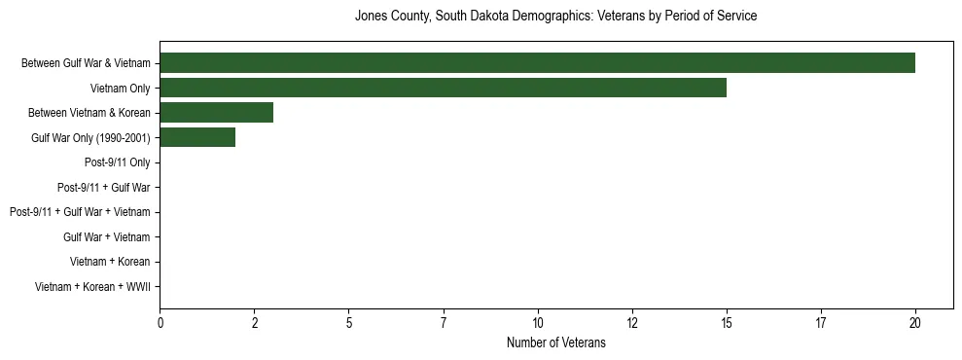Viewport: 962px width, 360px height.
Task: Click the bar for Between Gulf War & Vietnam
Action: click(537, 63)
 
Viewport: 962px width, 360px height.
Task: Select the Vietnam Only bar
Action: click(443, 88)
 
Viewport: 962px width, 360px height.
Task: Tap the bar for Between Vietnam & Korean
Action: click(216, 113)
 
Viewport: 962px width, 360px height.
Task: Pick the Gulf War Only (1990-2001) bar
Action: click(197, 137)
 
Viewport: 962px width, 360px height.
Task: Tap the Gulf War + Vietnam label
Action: click(106, 236)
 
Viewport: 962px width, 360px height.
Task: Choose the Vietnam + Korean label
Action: click(110, 262)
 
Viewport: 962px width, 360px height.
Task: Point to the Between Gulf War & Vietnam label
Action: click(86, 63)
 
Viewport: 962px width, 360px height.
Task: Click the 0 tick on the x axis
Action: click(160, 323)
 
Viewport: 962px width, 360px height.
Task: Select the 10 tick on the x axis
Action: click(538, 323)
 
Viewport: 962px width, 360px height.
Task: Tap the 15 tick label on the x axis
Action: click(727, 323)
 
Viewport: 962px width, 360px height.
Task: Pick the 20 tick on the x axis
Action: click(915, 323)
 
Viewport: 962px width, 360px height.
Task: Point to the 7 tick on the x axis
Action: click(444, 323)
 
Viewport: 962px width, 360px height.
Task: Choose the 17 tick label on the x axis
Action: click(821, 323)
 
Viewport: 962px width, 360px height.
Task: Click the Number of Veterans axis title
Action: click(555, 342)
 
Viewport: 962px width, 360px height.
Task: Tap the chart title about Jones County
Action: click(555, 17)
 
